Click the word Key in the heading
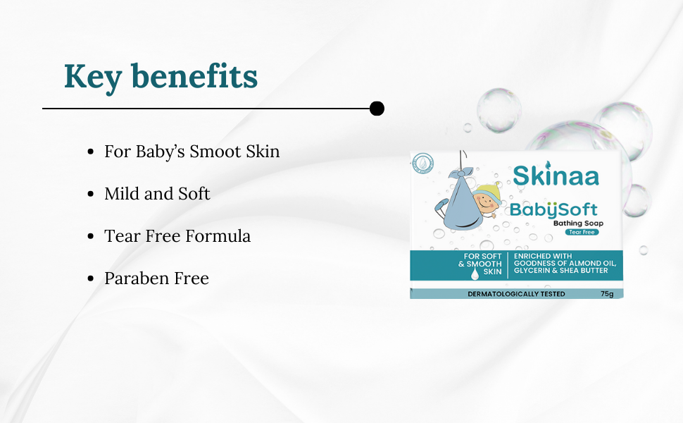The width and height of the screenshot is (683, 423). pos(93,77)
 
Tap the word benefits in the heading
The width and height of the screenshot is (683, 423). pos(194,76)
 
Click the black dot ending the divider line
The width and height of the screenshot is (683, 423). pos(377,109)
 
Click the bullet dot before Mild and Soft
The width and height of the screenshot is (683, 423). pos(91,194)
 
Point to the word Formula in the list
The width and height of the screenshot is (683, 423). pos(218,236)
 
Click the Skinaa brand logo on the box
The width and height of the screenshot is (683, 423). pos(556,174)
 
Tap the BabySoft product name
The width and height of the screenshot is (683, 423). pos(553,210)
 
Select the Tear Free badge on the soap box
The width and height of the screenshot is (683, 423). pos(582,232)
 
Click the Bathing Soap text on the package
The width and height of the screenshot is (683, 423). pos(579,223)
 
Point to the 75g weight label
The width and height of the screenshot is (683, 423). pos(607,294)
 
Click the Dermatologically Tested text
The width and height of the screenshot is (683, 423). pos(516,294)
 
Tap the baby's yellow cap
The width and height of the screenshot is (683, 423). pos(488,190)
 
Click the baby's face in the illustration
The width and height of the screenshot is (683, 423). pos(485,203)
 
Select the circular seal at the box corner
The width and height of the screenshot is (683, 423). pos(423,164)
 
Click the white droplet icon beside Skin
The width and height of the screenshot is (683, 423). pos(475,273)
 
